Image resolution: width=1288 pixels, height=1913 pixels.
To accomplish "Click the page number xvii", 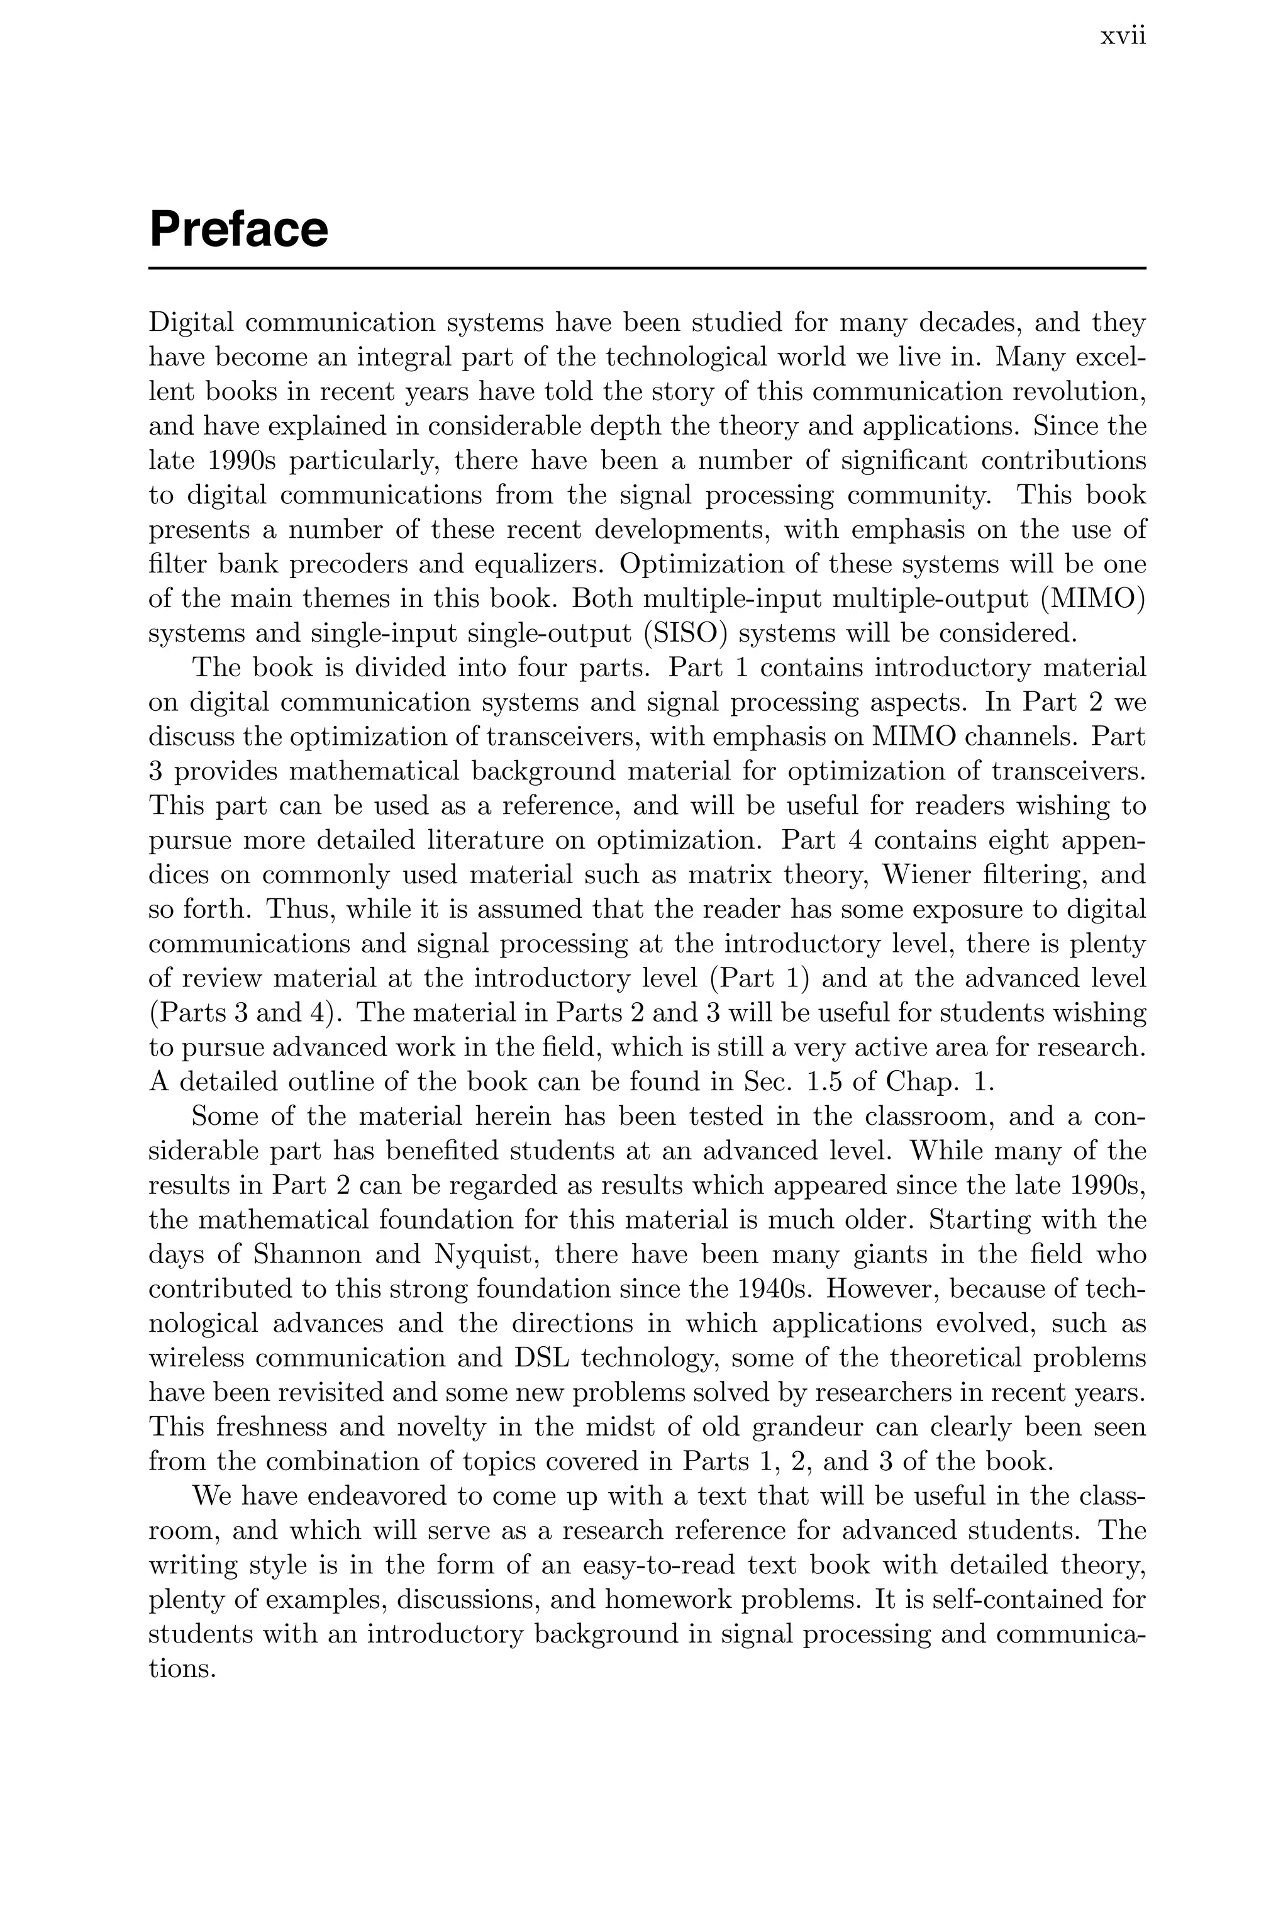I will point(1122,37).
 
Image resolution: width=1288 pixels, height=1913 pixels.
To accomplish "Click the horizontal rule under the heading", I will point(647,268).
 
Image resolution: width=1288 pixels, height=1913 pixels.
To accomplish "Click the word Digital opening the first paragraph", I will point(190,323).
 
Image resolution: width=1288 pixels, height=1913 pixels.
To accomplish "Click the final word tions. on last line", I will point(182,1668).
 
